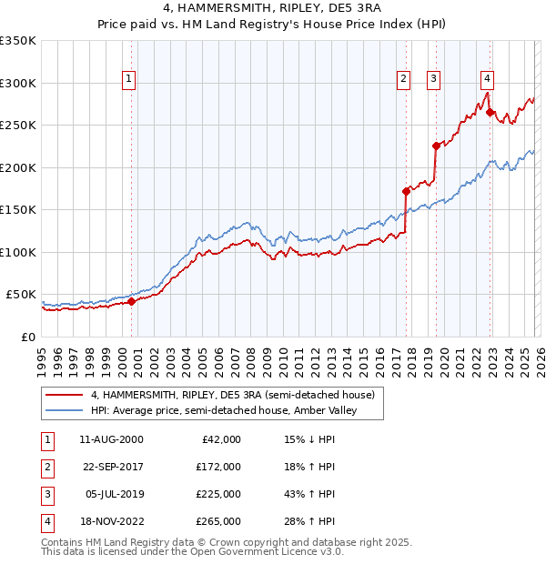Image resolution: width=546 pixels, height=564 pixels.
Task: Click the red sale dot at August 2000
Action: pos(131,301)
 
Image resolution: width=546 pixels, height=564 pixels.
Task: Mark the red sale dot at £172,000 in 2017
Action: pos(406,191)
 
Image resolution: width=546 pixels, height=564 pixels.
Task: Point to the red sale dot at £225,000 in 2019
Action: pos(436,146)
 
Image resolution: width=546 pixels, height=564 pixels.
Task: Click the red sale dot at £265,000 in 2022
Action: pos(490,113)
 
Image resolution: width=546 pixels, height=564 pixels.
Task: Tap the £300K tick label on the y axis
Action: pos(18,83)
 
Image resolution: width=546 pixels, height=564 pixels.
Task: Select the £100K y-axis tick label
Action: pos(18,252)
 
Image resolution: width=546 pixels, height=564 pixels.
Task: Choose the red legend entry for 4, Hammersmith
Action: pos(232,395)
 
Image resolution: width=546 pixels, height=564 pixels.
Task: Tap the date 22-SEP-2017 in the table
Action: pos(111,466)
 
